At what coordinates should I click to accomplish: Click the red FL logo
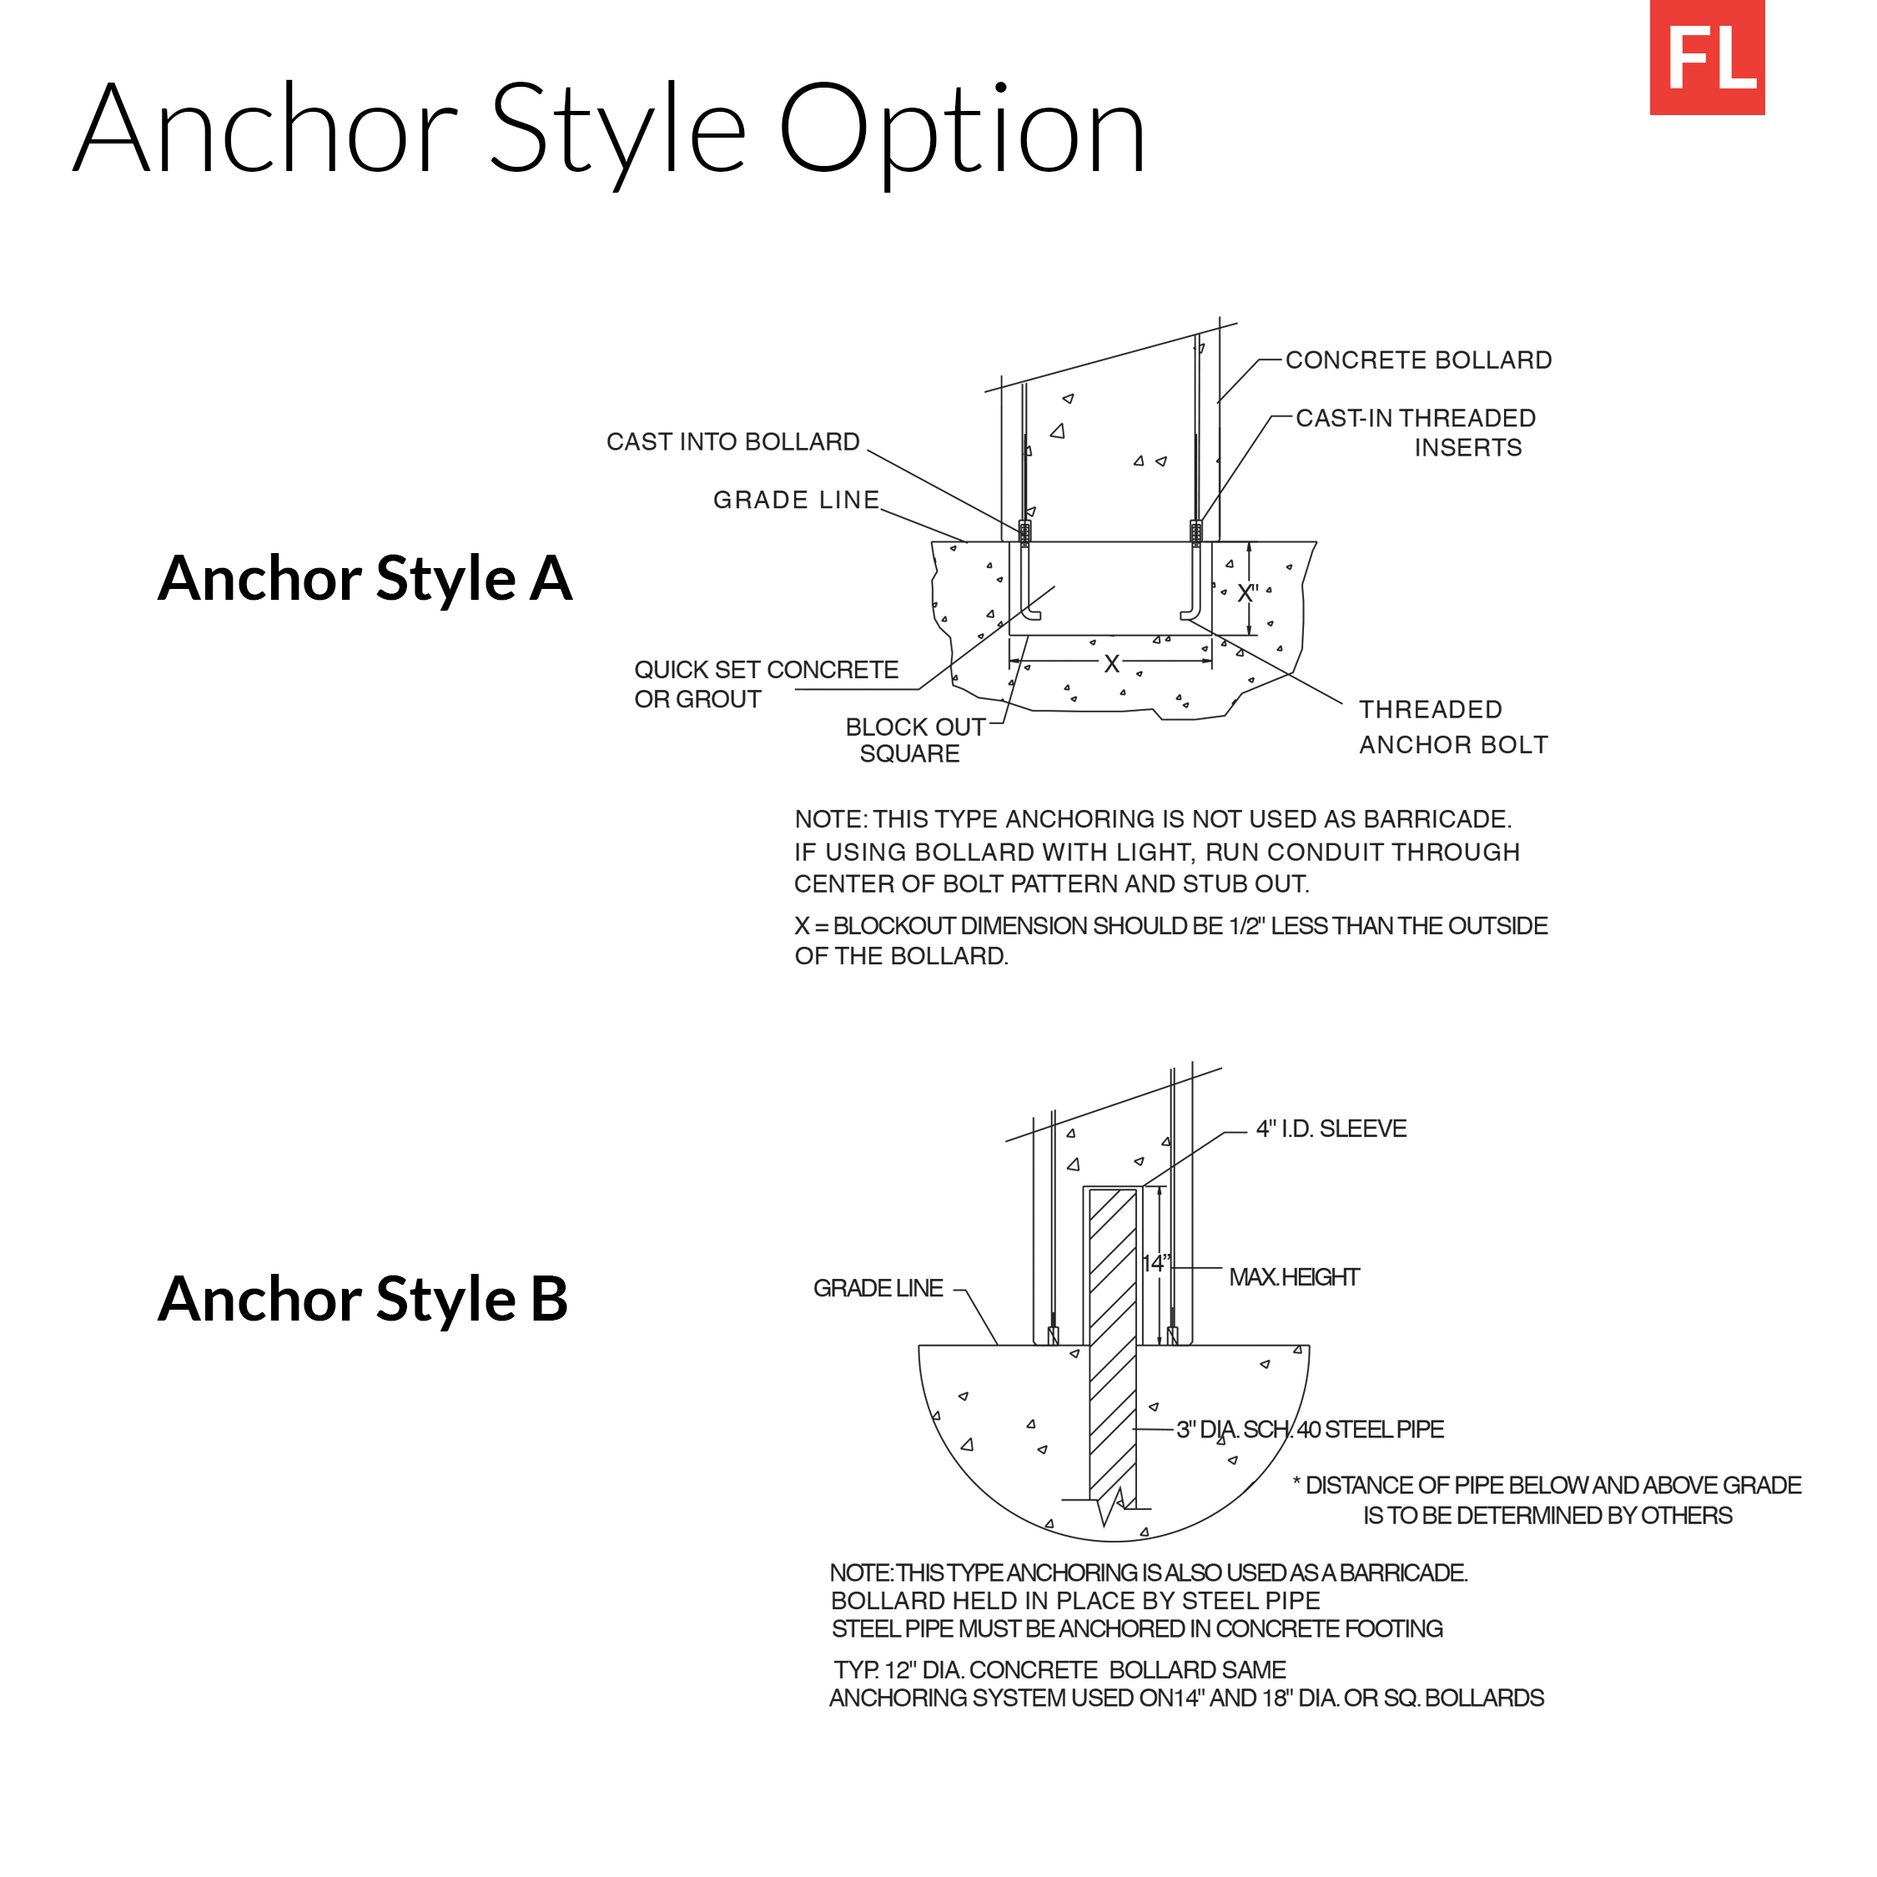pyautogui.click(x=1706, y=58)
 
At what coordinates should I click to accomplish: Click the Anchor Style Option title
pyautogui.click(x=610, y=130)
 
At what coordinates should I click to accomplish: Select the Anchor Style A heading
pyautogui.click(x=365, y=578)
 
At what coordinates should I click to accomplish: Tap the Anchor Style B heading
pyautogui.click(x=362, y=1299)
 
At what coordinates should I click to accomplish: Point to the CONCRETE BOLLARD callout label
pyautogui.click(x=1417, y=360)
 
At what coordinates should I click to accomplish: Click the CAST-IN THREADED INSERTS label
pyautogui.click(x=1416, y=432)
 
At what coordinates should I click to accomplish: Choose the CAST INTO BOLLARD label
pyautogui.click(x=732, y=442)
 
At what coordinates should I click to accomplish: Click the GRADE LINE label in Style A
pyautogui.click(x=796, y=501)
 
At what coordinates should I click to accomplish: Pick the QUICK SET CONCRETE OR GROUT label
pyautogui.click(x=766, y=684)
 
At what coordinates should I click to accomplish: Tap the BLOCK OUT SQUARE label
pyautogui.click(x=913, y=740)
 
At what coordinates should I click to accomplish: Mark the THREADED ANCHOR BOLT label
pyautogui.click(x=1452, y=727)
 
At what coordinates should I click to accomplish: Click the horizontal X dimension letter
pyautogui.click(x=1111, y=663)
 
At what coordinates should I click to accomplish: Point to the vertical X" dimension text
pyautogui.click(x=1247, y=592)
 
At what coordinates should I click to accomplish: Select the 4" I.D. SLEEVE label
pyautogui.click(x=1330, y=1129)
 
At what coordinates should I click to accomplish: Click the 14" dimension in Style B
pyautogui.click(x=1155, y=1263)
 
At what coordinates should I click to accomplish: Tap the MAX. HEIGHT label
pyautogui.click(x=1293, y=1276)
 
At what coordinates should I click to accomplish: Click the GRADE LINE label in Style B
pyautogui.click(x=878, y=1288)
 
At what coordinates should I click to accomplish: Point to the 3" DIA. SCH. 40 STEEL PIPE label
pyautogui.click(x=1310, y=1429)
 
